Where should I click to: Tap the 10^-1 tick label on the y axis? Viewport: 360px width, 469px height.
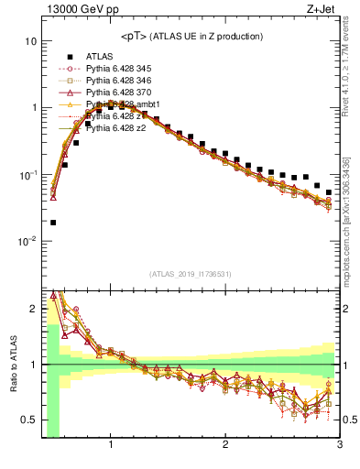pos(26,175)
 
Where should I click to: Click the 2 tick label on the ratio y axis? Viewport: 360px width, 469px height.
pos(32,309)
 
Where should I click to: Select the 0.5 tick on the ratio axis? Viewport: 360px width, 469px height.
pos(28,420)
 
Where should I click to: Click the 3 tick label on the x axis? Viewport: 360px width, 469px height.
pos(339,445)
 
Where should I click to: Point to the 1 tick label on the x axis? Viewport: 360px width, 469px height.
pos(111,445)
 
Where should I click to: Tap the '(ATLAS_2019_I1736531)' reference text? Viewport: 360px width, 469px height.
pos(191,273)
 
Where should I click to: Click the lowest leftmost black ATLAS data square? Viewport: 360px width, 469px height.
pos(53,223)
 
